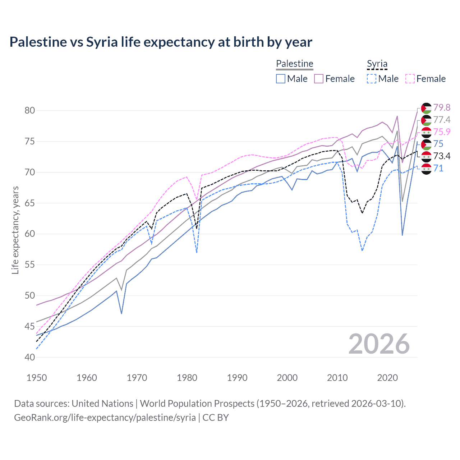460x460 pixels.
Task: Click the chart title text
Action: (161, 42)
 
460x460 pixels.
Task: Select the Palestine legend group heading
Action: (295, 64)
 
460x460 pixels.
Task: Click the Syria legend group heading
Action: (377, 64)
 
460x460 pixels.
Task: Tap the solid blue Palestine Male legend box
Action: (281, 79)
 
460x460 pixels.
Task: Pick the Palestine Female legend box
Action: (319, 79)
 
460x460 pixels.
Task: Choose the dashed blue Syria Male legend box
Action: (372, 79)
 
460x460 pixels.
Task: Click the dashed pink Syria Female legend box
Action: (410, 79)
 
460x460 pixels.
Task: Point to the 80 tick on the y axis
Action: (30, 110)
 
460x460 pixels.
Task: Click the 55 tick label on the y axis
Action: (30, 265)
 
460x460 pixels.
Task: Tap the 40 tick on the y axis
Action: (30, 357)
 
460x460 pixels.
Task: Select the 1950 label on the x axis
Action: (37, 378)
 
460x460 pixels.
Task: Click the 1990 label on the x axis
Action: (237, 378)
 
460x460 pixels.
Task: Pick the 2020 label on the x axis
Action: (387, 378)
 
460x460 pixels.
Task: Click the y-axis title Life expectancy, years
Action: (15, 230)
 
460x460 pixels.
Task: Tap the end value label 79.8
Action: (442, 107)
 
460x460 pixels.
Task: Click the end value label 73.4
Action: (442, 156)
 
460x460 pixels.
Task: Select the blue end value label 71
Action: (438, 168)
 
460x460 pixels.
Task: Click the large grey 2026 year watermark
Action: (379, 344)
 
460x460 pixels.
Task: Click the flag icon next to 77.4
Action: (426, 120)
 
